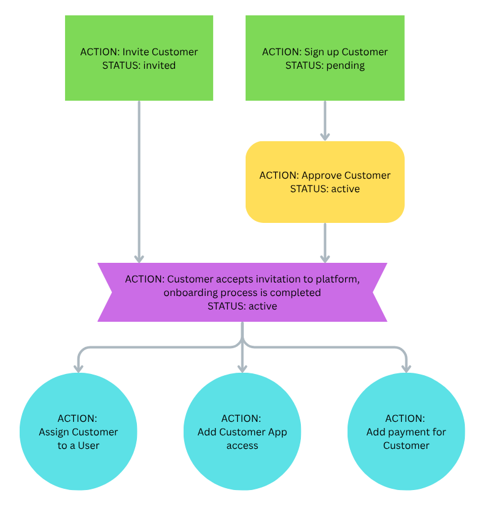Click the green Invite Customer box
click(x=139, y=58)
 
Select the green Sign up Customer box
click(x=325, y=58)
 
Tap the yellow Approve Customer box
click(x=325, y=182)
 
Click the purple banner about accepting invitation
click(x=243, y=292)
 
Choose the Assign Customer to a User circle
click(x=79, y=432)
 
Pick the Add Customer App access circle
click(x=243, y=432)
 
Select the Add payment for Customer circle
click(x=406, y=432)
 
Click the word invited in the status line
click(x=160, y=66)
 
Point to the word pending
click(x=346, y=66)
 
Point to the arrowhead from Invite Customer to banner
click(x=139, y=259)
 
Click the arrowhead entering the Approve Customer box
click(x=325, y=136)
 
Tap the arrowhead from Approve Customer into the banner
click(x=325, y=259)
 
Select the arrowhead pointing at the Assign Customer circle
click(x=79, y=368)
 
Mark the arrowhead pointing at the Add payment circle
click(x=406, y=368)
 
